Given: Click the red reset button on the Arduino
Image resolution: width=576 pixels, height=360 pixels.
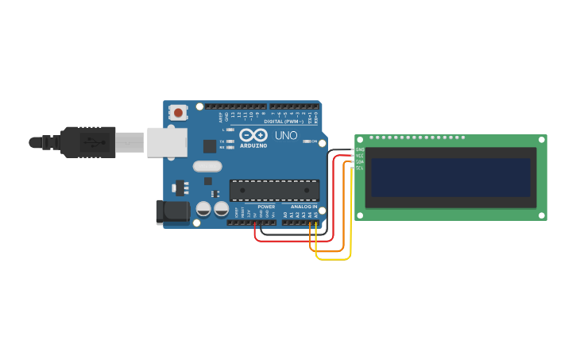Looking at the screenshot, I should [x=178, y=113].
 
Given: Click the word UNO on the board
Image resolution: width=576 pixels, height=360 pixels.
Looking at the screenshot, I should [x=286, y=135].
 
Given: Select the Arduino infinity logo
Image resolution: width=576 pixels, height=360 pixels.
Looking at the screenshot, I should [x=253, y=135].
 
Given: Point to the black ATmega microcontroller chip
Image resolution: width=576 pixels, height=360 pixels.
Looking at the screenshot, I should [x=274, y=190].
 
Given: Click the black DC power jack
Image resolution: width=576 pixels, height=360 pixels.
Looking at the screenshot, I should [x=172, y=211].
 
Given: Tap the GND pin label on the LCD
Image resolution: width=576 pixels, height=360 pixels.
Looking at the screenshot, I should [x=360, y=149].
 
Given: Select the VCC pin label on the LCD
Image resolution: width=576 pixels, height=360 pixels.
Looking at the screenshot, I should [x=360, y=156].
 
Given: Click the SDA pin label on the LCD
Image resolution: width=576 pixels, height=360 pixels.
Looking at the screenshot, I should [x=360, y=162].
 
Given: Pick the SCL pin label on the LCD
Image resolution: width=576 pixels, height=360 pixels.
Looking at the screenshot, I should [x=360, y=168].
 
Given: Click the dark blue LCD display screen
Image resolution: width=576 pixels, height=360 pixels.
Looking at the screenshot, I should [x=450, y=177].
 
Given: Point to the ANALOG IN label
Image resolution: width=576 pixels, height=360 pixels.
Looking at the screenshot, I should [x=303, y=207].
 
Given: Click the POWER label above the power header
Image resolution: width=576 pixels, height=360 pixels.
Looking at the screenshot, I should [x=266, y=207].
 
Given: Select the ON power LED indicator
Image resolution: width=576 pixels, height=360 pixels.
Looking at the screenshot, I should [x=306, y=141].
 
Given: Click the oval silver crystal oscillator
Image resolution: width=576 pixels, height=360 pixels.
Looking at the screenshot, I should [x=207, y=167].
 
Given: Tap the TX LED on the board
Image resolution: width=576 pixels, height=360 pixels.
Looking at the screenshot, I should [x=230, y=141].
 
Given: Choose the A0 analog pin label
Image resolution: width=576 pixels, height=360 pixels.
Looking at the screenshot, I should [x=285, y=215].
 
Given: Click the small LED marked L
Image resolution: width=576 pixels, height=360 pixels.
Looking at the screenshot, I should [x=230, y=130].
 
